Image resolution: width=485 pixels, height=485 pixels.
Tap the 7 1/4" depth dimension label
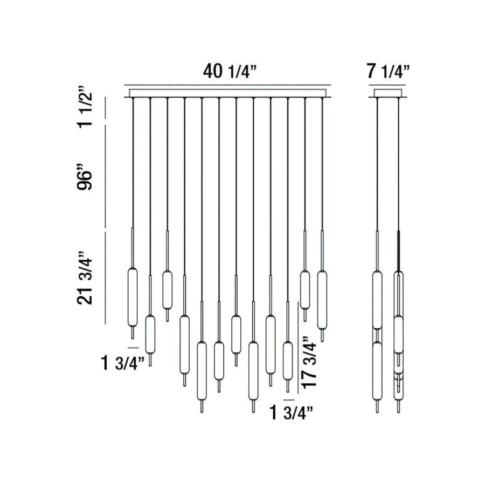[388, 71]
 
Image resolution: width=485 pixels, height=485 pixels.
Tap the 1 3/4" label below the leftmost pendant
[123, 363]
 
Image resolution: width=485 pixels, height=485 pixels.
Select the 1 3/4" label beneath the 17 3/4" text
[292, 414]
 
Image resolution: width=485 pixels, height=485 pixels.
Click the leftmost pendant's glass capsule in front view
[132, 296]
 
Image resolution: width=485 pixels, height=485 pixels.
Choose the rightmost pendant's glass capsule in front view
[322, 299]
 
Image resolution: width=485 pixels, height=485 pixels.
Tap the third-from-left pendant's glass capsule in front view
[167, 289]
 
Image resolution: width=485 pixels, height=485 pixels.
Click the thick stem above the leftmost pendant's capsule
[132, 248]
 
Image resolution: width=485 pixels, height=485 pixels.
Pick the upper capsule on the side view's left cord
[377, 299]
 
